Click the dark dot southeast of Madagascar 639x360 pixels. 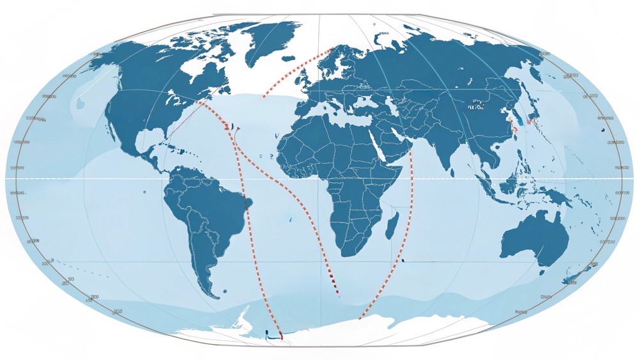click(404, 260)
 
